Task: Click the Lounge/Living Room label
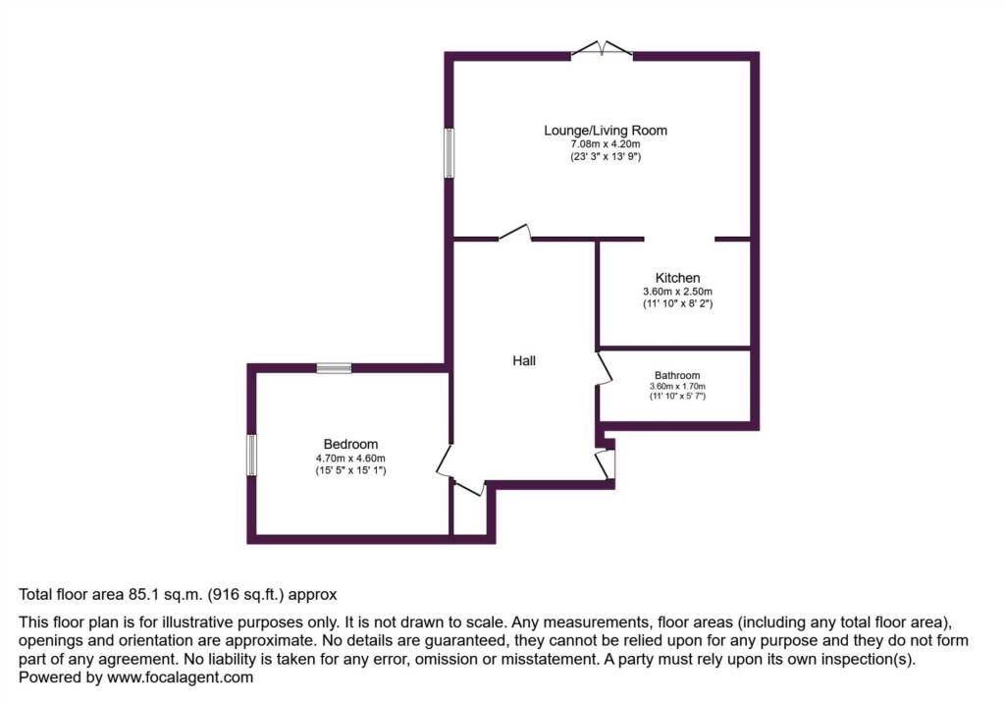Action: tap(606, 131)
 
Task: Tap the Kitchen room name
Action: tap(677, 278)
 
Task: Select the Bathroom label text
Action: tap(677, 375)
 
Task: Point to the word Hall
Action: tap(524, 360)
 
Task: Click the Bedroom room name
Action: tap(350, 444)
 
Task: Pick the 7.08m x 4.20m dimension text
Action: tap(606, 144)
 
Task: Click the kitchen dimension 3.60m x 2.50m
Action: tap(677, 292)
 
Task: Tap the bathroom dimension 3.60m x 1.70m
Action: tap(677, 386)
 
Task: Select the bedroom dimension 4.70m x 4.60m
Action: tap(350, 458)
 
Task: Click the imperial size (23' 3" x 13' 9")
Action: tap(606, 156)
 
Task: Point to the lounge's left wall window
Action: tap(450, 152)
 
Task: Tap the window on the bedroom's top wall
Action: tap(334, 368)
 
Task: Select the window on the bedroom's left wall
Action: tap(251, 455)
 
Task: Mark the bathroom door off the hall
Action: tap(604, 368)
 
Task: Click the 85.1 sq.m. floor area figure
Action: tap(163, 595)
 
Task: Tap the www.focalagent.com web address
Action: tap(181, 677)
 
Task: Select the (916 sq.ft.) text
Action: tap(245, 595)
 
